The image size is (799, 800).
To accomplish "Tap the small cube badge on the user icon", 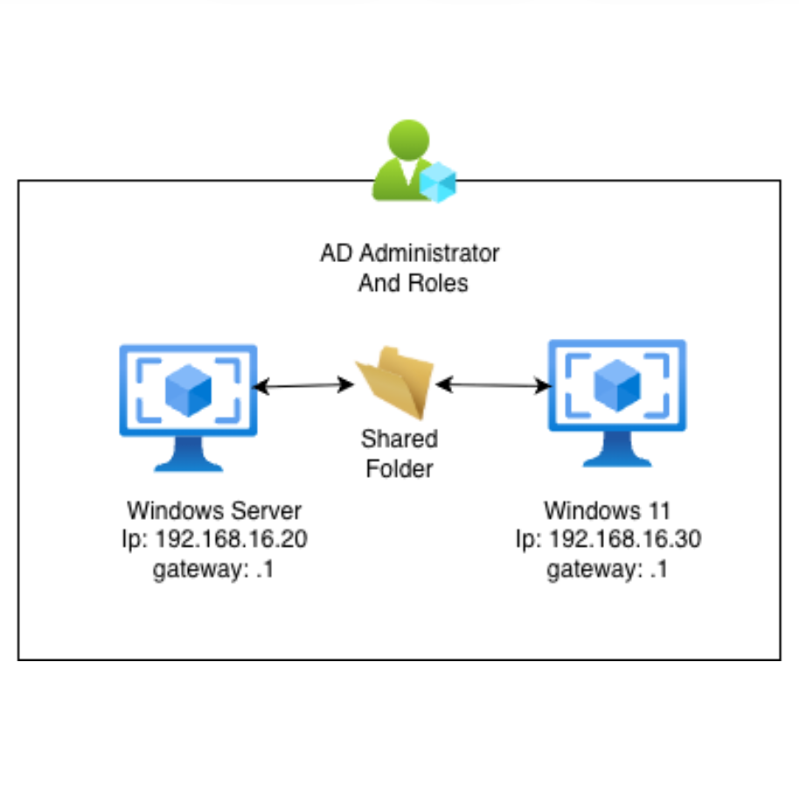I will point(437,183).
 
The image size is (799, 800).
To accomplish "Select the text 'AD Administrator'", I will point(410,254).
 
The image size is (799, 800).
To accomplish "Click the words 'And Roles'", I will point(413,283).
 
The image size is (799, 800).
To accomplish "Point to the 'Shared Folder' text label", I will point(399,453).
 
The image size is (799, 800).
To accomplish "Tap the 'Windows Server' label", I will point(214,510).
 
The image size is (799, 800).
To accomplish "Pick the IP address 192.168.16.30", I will point(608,540).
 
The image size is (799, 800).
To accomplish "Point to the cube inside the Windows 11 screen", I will point(617,385).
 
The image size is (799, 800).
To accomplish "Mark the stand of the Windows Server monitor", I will point(189,453).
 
